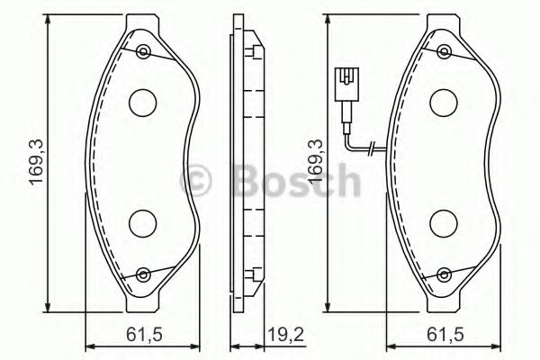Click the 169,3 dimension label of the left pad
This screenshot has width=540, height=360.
tap(36, 162)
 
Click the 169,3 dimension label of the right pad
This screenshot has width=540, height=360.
tap(317, 162)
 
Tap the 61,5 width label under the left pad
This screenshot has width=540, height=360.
tap(144, 334)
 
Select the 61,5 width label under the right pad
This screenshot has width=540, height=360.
tap(445, 334)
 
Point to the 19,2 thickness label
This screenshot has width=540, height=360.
tap(286, 334)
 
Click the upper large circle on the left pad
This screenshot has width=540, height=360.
tap(142, 103)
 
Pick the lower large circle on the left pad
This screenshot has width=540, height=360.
tap(142, 223)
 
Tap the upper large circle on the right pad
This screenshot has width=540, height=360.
tap(444, 103)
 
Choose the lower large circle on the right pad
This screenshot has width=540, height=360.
tap(444, 223)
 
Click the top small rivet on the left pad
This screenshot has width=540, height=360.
tap(143, 52)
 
